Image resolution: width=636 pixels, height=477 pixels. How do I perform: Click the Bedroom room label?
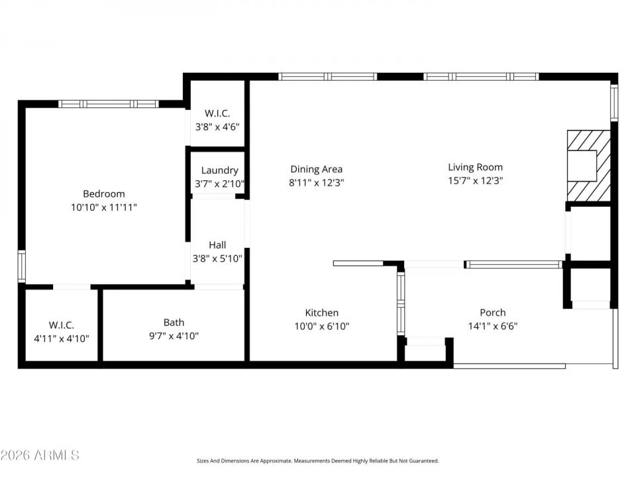(103, 193)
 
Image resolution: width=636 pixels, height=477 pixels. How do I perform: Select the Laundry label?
(219, 170)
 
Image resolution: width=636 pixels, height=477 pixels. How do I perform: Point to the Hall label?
(217, 244)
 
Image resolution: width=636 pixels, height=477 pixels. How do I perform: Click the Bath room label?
(174, 322)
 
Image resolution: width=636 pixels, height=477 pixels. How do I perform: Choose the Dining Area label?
(316, 169)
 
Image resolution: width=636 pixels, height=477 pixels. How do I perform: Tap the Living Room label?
(475, 167)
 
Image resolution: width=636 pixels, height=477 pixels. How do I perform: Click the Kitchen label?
(321, 313)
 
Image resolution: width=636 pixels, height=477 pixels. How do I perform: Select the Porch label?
(492, 313)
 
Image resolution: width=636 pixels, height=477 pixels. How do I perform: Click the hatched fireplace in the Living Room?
(588, 165)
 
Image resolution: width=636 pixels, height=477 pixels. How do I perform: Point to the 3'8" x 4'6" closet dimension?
(217, 127)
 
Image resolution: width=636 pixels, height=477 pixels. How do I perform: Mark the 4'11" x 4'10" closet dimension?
(61, 339)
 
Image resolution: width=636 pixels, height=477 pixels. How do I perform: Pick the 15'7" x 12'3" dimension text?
(475, 181)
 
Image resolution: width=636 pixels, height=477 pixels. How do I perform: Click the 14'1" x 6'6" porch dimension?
(492, 326)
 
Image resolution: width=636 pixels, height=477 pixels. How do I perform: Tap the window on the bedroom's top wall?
(109, 104)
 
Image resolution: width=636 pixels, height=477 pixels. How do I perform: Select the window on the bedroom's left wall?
(22, 266)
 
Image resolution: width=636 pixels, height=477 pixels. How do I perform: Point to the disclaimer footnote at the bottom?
(317, 460)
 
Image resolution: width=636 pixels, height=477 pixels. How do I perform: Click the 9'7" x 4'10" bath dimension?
(174, 336)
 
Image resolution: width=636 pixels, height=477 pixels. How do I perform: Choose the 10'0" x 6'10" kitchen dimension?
(321, 326)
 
